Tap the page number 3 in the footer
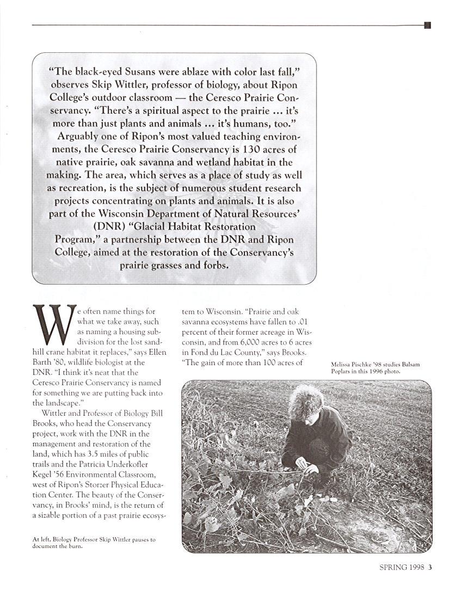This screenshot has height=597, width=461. (430, 567)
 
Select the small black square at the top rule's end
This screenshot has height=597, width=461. (427, 25)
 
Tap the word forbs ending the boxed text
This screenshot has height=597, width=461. (214, 266)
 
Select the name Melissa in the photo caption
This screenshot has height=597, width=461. (342, 364)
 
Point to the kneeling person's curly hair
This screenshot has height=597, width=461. (306, 400)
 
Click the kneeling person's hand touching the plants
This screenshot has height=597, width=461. (299, 464)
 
